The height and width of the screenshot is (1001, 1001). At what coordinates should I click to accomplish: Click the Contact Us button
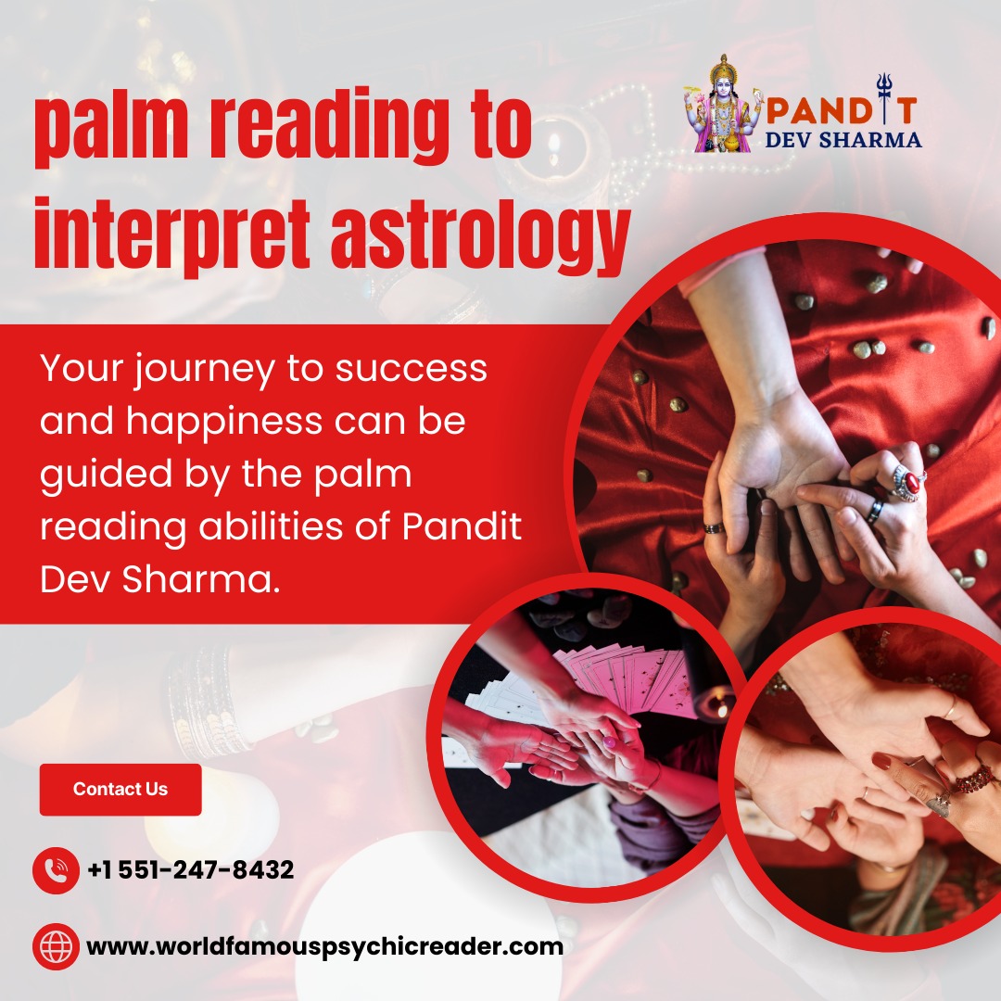click(x=120, y=789)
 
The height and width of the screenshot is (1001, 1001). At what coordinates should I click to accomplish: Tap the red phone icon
click(x=57, y=870)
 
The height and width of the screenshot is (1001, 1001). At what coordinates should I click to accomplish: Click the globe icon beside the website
click(x=57, y=946)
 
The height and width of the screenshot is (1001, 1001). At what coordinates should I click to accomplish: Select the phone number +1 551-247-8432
click(x=190, y=869)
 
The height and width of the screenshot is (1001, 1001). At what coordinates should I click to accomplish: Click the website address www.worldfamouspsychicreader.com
click(x=325, y=946)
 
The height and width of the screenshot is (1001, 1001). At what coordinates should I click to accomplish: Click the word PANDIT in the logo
click(x=842, y=109)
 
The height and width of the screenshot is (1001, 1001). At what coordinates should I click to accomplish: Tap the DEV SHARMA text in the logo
click(x=843, y=140)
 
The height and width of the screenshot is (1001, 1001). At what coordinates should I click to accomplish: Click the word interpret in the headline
click(x=172, y=234)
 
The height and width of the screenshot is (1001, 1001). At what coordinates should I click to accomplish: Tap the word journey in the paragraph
click(x=204, y=371)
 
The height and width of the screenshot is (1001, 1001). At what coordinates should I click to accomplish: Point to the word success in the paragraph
click(x=412, y=369)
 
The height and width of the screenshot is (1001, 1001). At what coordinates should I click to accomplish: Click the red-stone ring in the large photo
click(x=908, y=483)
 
